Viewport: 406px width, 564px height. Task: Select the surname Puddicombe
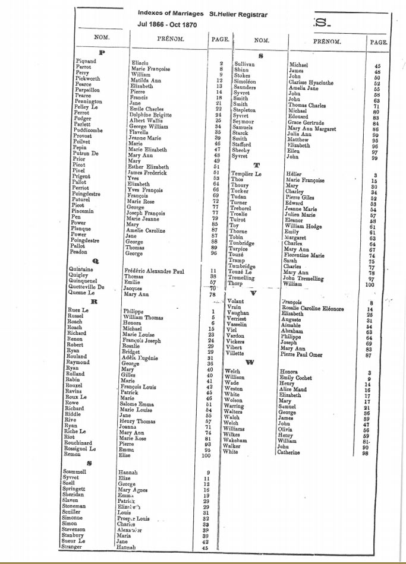pos(91,130)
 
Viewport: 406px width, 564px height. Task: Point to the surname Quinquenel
pos(90,282)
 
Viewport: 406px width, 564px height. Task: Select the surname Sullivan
pos(244,64)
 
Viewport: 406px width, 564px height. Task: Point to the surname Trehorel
pos(243,208)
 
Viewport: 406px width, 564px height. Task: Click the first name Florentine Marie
pos(305,255)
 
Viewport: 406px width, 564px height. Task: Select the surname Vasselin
pos(240,325)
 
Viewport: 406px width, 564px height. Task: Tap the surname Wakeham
pos(239,441)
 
